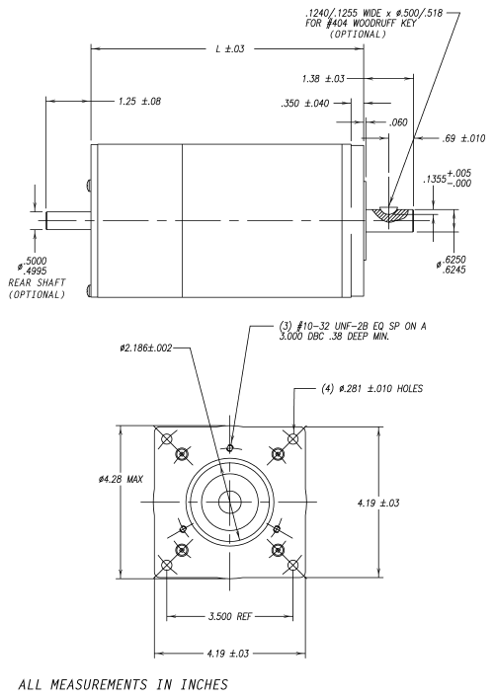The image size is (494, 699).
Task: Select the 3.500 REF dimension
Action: coord(230,617)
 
